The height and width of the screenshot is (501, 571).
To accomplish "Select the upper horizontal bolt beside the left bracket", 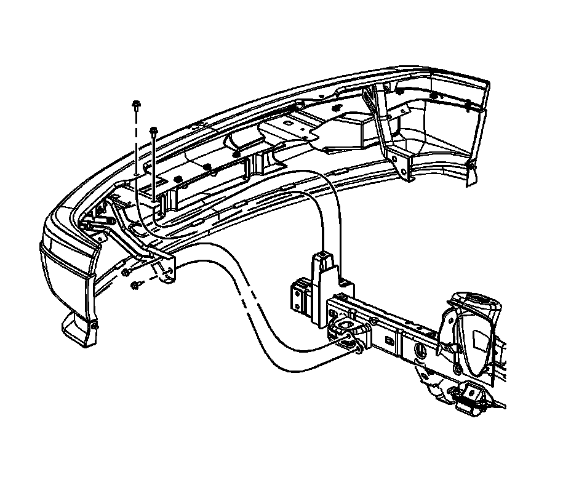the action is tap(126, 271).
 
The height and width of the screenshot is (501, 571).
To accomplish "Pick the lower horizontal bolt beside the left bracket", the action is tap(135, 284).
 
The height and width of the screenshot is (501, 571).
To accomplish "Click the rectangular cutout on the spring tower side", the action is tap(479, 340).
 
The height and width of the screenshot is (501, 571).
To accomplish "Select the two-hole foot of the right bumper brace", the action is tap(402, 166).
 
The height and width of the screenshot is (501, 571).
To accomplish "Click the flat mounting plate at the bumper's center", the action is tap(289, 130).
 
